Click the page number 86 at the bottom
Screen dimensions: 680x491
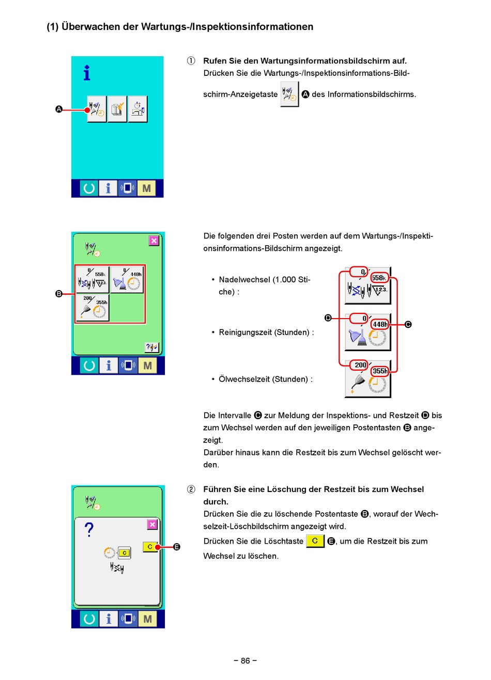245,660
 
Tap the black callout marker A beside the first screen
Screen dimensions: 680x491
59,109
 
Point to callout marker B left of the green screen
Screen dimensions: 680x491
59,294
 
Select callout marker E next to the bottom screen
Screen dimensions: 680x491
177,547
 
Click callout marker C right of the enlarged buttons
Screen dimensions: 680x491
408,324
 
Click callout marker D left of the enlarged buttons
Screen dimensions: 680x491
328,318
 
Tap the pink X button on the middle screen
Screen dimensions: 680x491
154,241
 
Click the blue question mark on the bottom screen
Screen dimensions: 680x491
89,529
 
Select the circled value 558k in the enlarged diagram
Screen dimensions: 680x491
379,278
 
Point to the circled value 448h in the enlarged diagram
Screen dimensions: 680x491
380,324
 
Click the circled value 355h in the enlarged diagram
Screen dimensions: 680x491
380,371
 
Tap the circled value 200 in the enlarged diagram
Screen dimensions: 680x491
360,365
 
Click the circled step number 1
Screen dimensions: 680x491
191,61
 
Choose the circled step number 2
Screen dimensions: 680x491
191,489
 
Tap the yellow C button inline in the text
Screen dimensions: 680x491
315,541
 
